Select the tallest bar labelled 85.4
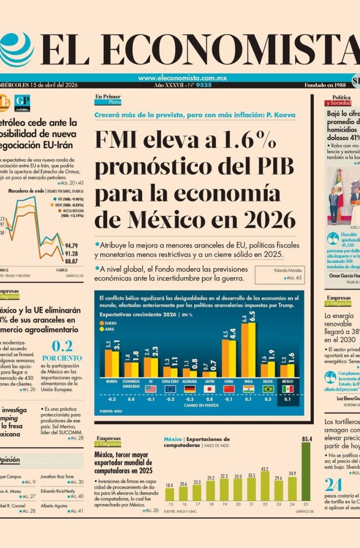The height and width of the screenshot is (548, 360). pos(306,471)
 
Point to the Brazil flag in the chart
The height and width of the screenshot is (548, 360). pos(268,389)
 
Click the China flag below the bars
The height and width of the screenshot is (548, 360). pos(229,389)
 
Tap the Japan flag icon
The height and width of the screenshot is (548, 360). pos(209,389)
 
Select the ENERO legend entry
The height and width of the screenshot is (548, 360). pos(113,322)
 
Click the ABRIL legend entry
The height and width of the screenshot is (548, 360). pos(112,329)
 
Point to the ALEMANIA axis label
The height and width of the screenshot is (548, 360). pos(190,381)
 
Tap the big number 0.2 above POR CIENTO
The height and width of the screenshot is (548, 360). pos(62,347)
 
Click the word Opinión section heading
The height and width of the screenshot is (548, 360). pos(9,460)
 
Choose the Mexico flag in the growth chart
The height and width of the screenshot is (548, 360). pos(287,389)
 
